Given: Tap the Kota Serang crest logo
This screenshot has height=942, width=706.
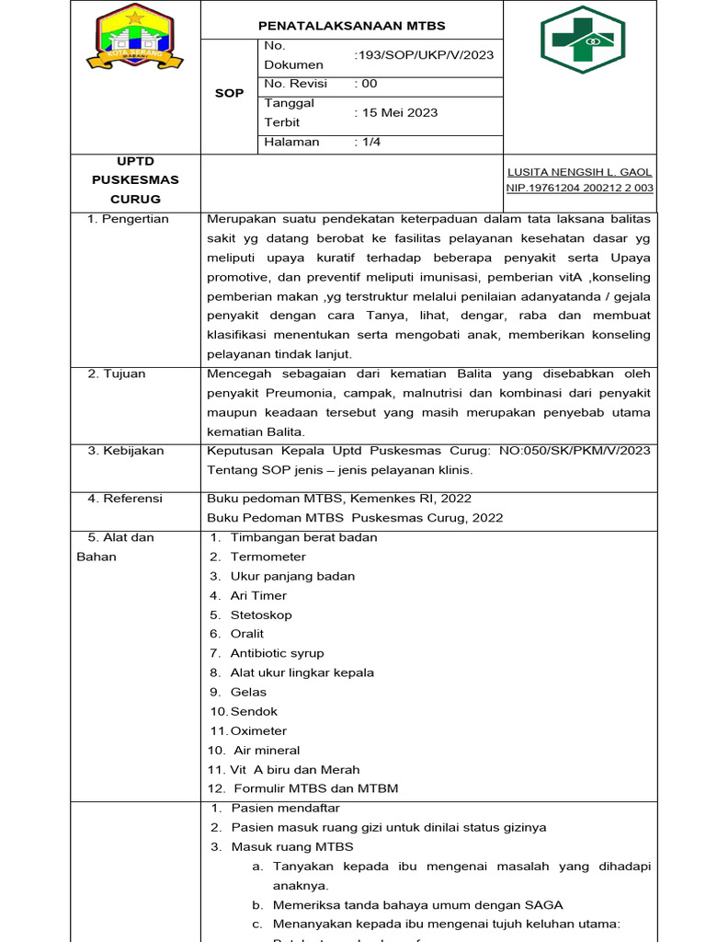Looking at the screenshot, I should coord(134,39).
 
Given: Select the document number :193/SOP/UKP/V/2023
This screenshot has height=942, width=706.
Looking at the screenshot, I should coord(424,55).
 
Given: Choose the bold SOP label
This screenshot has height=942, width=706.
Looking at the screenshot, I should coord(229,93).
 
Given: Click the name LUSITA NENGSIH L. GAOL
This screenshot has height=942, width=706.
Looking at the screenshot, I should coord(580,172).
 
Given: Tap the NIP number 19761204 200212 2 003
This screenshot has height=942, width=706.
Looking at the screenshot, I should coord(580,188).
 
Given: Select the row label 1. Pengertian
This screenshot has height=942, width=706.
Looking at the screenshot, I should coord(128,220).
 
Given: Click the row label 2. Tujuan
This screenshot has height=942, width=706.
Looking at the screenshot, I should coord(117,374).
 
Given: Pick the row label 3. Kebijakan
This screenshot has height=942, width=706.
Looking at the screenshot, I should coord(126,451).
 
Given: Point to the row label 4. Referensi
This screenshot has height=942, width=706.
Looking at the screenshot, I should coord(125,499).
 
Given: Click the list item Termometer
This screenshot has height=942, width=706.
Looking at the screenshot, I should coord(268,557).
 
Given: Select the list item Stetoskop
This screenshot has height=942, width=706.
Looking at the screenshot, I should coord(261,615).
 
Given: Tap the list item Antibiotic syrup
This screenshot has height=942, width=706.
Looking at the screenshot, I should coord(277,653).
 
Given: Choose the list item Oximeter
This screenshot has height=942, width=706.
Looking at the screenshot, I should coord(258,730).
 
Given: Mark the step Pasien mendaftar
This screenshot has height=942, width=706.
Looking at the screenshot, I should coord(285,808).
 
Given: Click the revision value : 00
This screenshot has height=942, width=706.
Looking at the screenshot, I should coord(366,84).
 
